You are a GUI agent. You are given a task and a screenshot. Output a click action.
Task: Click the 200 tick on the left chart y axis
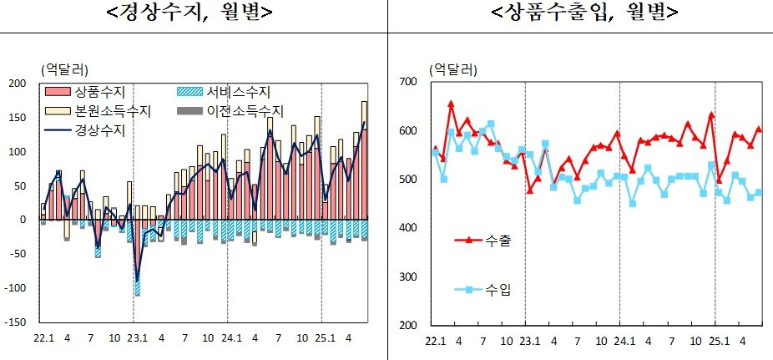(x=17, y=84)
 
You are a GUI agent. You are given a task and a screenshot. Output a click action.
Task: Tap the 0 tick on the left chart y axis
(x=23, y=220)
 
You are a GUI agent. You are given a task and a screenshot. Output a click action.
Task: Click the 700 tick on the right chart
(x=407, y=82)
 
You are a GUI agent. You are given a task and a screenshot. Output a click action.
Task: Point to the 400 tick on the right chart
(x=407, y=228)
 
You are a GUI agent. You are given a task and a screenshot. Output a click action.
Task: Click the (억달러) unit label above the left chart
(x=64, y=68)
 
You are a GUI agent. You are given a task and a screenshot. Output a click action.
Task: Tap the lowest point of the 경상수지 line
(x=137, y=281)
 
